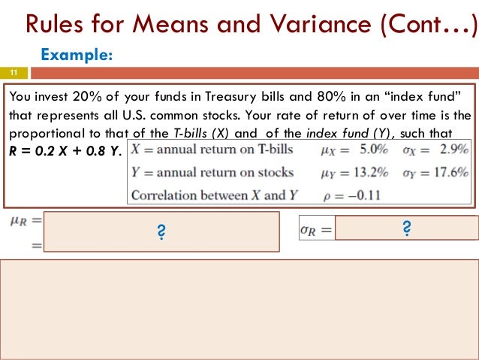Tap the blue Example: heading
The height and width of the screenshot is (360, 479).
(77, 55)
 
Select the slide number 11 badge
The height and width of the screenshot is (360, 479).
(14, 73)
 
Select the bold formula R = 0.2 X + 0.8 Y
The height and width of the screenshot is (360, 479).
(62, 150)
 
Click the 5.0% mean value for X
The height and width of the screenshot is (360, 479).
(372, 150)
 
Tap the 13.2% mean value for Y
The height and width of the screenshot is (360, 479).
(369, 171)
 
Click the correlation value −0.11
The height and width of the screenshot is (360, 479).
(369, 195)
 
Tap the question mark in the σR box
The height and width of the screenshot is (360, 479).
(406, 228)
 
